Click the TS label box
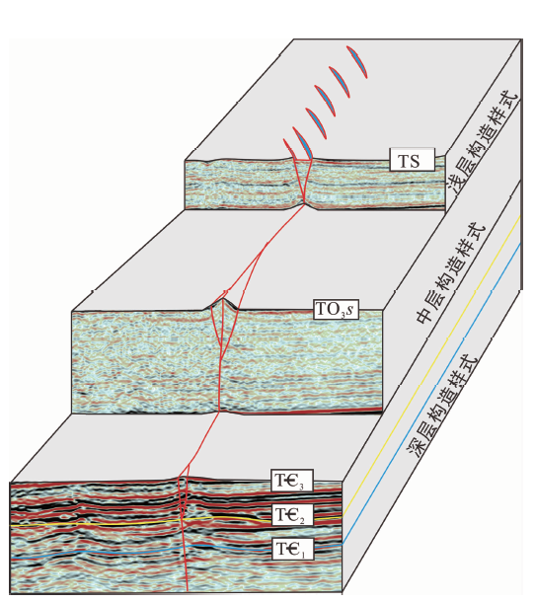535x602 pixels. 412,160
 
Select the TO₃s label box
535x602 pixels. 336,309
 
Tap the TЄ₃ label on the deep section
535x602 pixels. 292,480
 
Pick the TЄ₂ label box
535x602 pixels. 292,514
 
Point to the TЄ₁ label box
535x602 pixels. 292,549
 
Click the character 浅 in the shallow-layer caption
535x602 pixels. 457,184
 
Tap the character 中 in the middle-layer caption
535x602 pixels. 424,314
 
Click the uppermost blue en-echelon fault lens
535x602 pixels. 356,61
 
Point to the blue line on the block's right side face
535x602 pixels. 431,395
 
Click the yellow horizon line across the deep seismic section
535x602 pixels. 176,521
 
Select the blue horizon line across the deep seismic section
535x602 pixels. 176,549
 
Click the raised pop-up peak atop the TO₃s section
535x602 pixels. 223,300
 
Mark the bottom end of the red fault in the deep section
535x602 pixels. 187,591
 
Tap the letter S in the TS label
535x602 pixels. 414,161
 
